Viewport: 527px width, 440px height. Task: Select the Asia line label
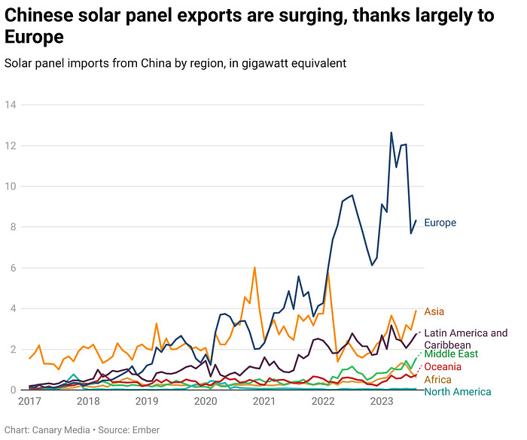tap(434, 311)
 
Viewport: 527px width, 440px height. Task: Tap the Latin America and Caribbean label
tap(465, 338)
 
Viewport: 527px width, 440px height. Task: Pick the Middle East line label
tap(451, 354)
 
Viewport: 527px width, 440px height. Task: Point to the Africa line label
tap(437, 379)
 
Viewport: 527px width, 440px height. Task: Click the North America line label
tap(458, 392)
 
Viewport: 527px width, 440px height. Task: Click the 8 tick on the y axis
tap(13, 227)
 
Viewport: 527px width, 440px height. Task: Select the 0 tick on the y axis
tap(13, 390)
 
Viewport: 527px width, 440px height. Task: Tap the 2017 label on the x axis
tap(30, 402)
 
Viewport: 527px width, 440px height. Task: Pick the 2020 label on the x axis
tap(206, 402)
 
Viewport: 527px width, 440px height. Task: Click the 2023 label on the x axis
tap(382, 402)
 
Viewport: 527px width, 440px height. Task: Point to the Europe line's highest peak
tap(391, 132)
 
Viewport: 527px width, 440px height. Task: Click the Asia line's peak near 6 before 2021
tap(254, 268)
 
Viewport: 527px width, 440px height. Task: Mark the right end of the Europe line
tap(416, 220)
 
